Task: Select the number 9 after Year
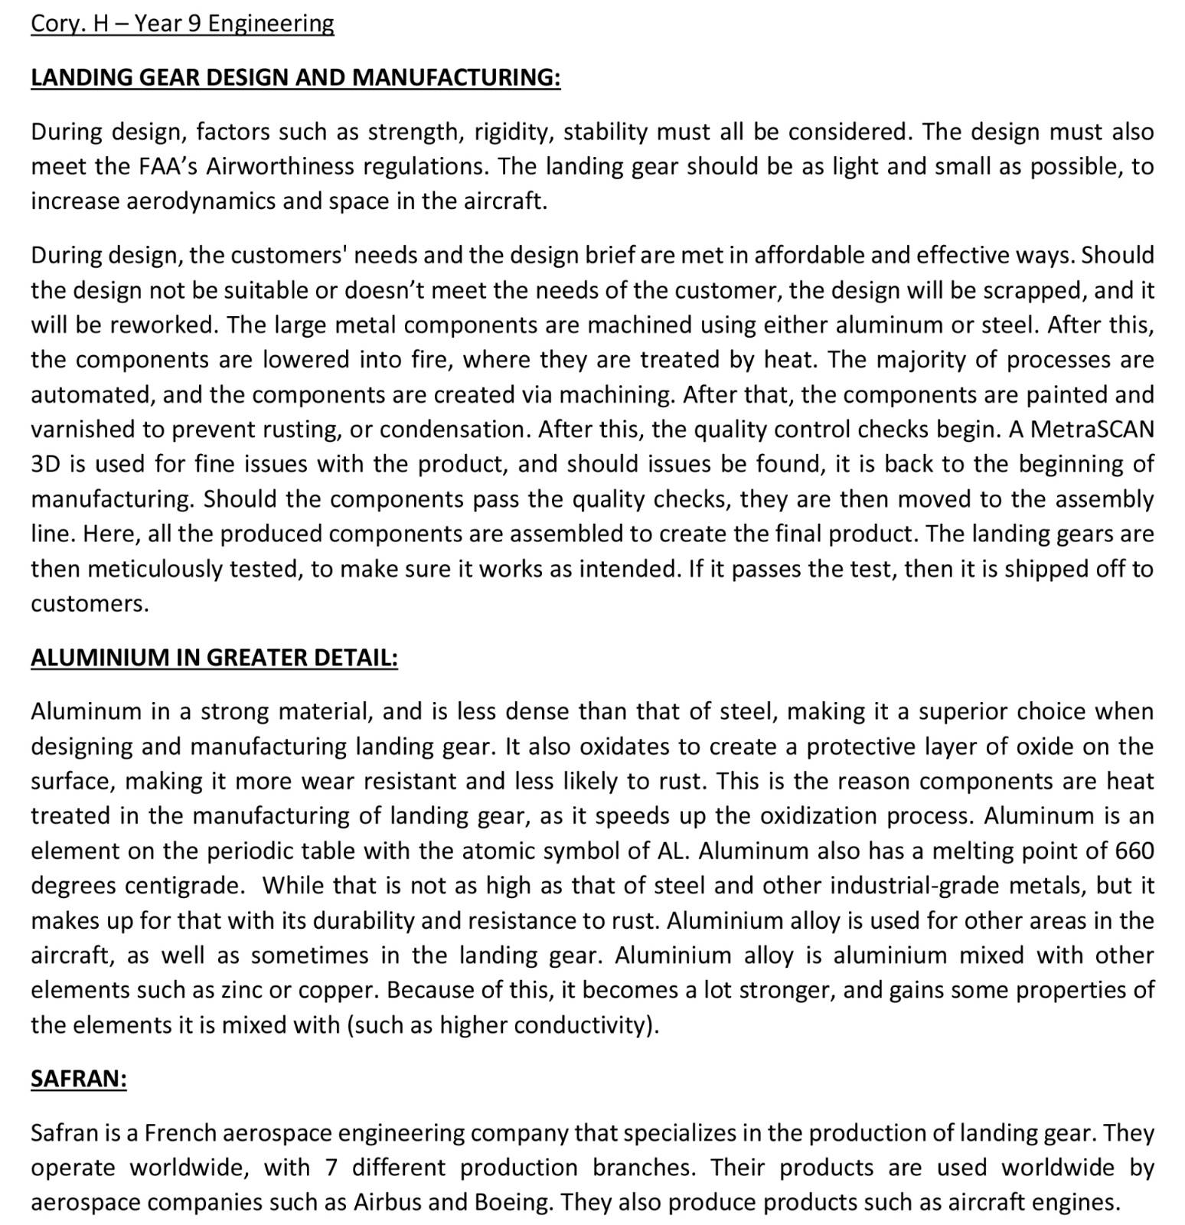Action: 194,24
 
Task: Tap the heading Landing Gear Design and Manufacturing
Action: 295,77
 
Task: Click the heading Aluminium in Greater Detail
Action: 214,658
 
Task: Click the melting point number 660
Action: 1134,851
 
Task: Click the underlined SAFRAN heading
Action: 78,1079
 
